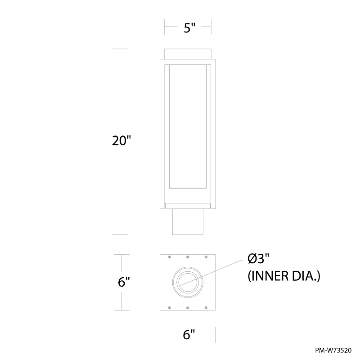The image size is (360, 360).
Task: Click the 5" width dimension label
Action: pyautogui.click(x=189, y=28)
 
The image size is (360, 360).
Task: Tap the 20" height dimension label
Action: pyautogui.click(x=121, y=140)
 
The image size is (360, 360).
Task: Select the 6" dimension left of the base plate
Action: pyautogui.click(x=124, y=282)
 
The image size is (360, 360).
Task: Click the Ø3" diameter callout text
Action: pyautogui.click(x=258, y=260)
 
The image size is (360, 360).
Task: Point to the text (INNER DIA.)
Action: pyautogui.click(x=284, y=276)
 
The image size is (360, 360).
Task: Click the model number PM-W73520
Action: pyautogui.click(x=333, y=351)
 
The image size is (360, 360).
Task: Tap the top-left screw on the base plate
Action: pyautogui.click(x=170, y=256)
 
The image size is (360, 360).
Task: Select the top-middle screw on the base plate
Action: pyautogui.click(x=188, y=256)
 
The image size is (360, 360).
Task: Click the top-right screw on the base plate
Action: pyautogui.click(x=206, y=256)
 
